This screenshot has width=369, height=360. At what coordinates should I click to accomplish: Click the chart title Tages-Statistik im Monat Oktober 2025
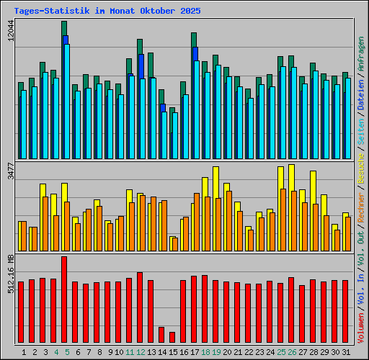point(107,12)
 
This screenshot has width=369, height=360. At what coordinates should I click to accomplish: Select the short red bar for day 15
point(172,337)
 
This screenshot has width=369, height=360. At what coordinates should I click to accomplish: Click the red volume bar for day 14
point(161,335)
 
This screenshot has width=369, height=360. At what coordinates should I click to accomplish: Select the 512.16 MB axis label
point(10,274)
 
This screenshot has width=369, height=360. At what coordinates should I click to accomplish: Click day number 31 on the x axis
point(345,352)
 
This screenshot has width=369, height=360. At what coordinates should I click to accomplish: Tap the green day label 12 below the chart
point(141,352)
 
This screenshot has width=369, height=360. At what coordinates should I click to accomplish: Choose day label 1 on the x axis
point(25,352)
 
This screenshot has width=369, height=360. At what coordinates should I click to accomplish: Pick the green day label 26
point(292,352)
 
